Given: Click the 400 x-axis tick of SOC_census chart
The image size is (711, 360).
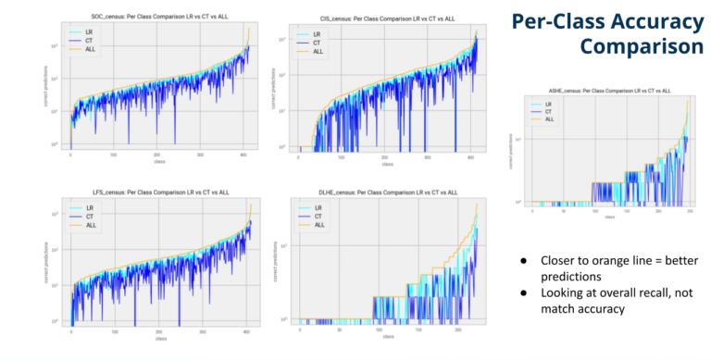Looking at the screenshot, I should [x=245, y=155].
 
